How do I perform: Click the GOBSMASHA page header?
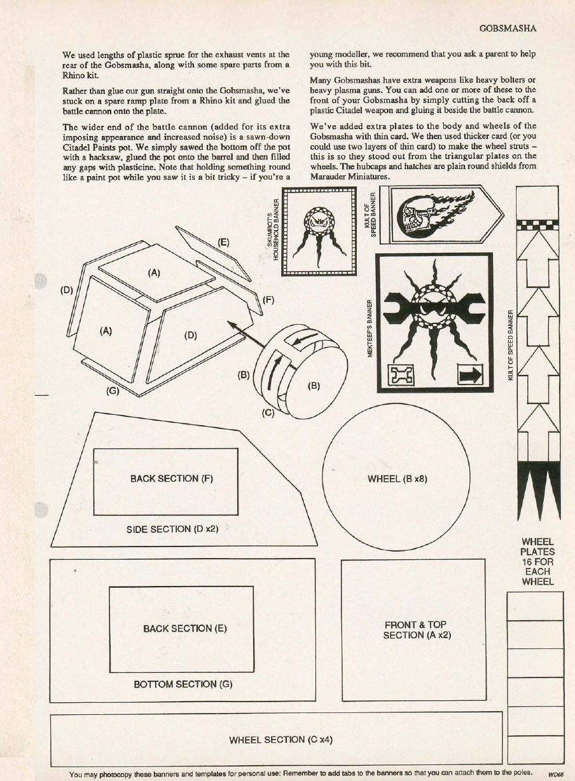(508, 29)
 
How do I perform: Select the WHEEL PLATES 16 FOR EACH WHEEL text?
(537, 562)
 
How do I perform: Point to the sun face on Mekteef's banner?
(434, 308)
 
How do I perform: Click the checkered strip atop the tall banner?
(537, 224)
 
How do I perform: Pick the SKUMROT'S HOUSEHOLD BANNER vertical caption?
(273, 230)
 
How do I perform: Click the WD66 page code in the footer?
(555, 775)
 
